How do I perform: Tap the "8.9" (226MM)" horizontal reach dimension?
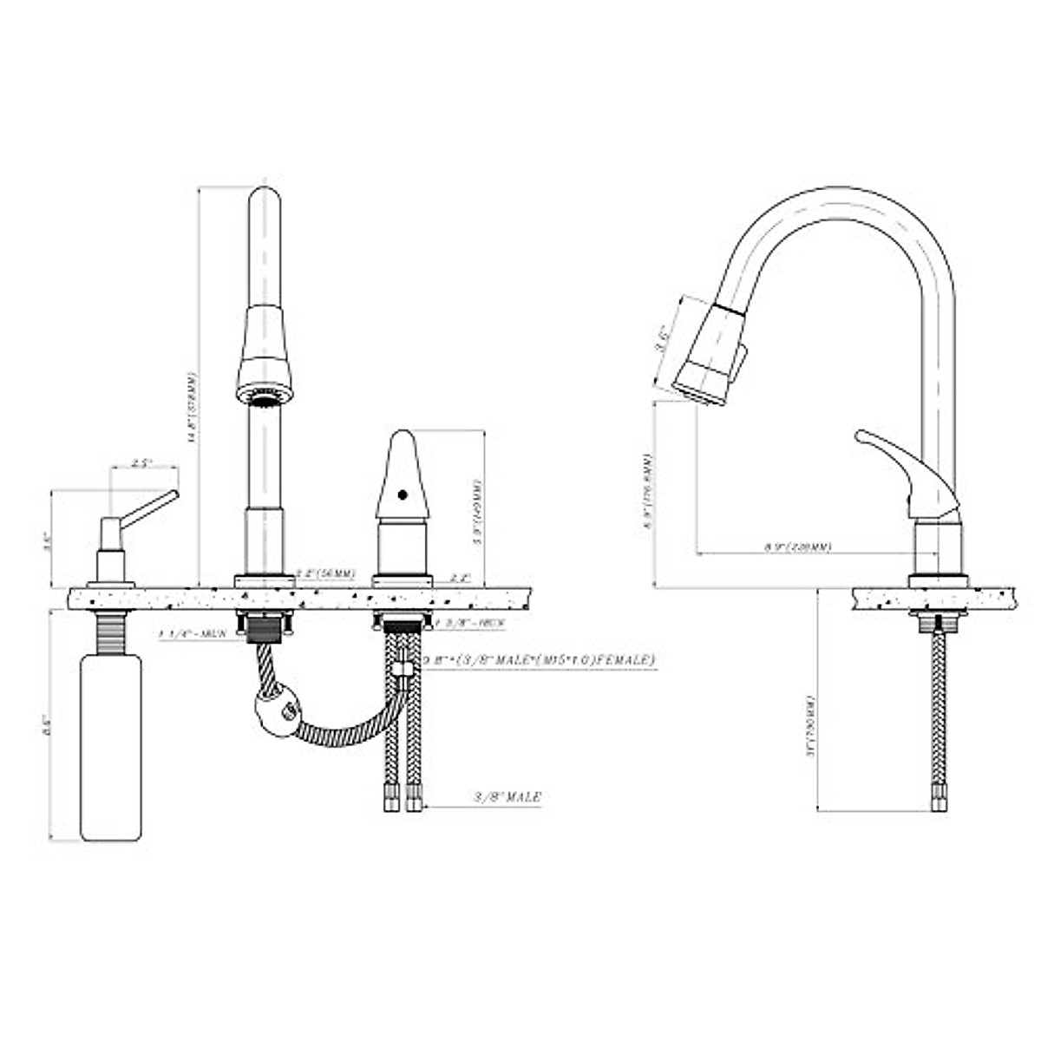[x=797, y=547]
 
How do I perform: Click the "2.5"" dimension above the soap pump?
[x=142, y=464]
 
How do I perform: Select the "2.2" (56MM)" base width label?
[x=325, y=573]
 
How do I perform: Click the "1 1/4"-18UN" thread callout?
[x=193, y=634]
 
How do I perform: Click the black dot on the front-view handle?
[x=401, y=495]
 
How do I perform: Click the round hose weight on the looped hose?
[x=278, y=711]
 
